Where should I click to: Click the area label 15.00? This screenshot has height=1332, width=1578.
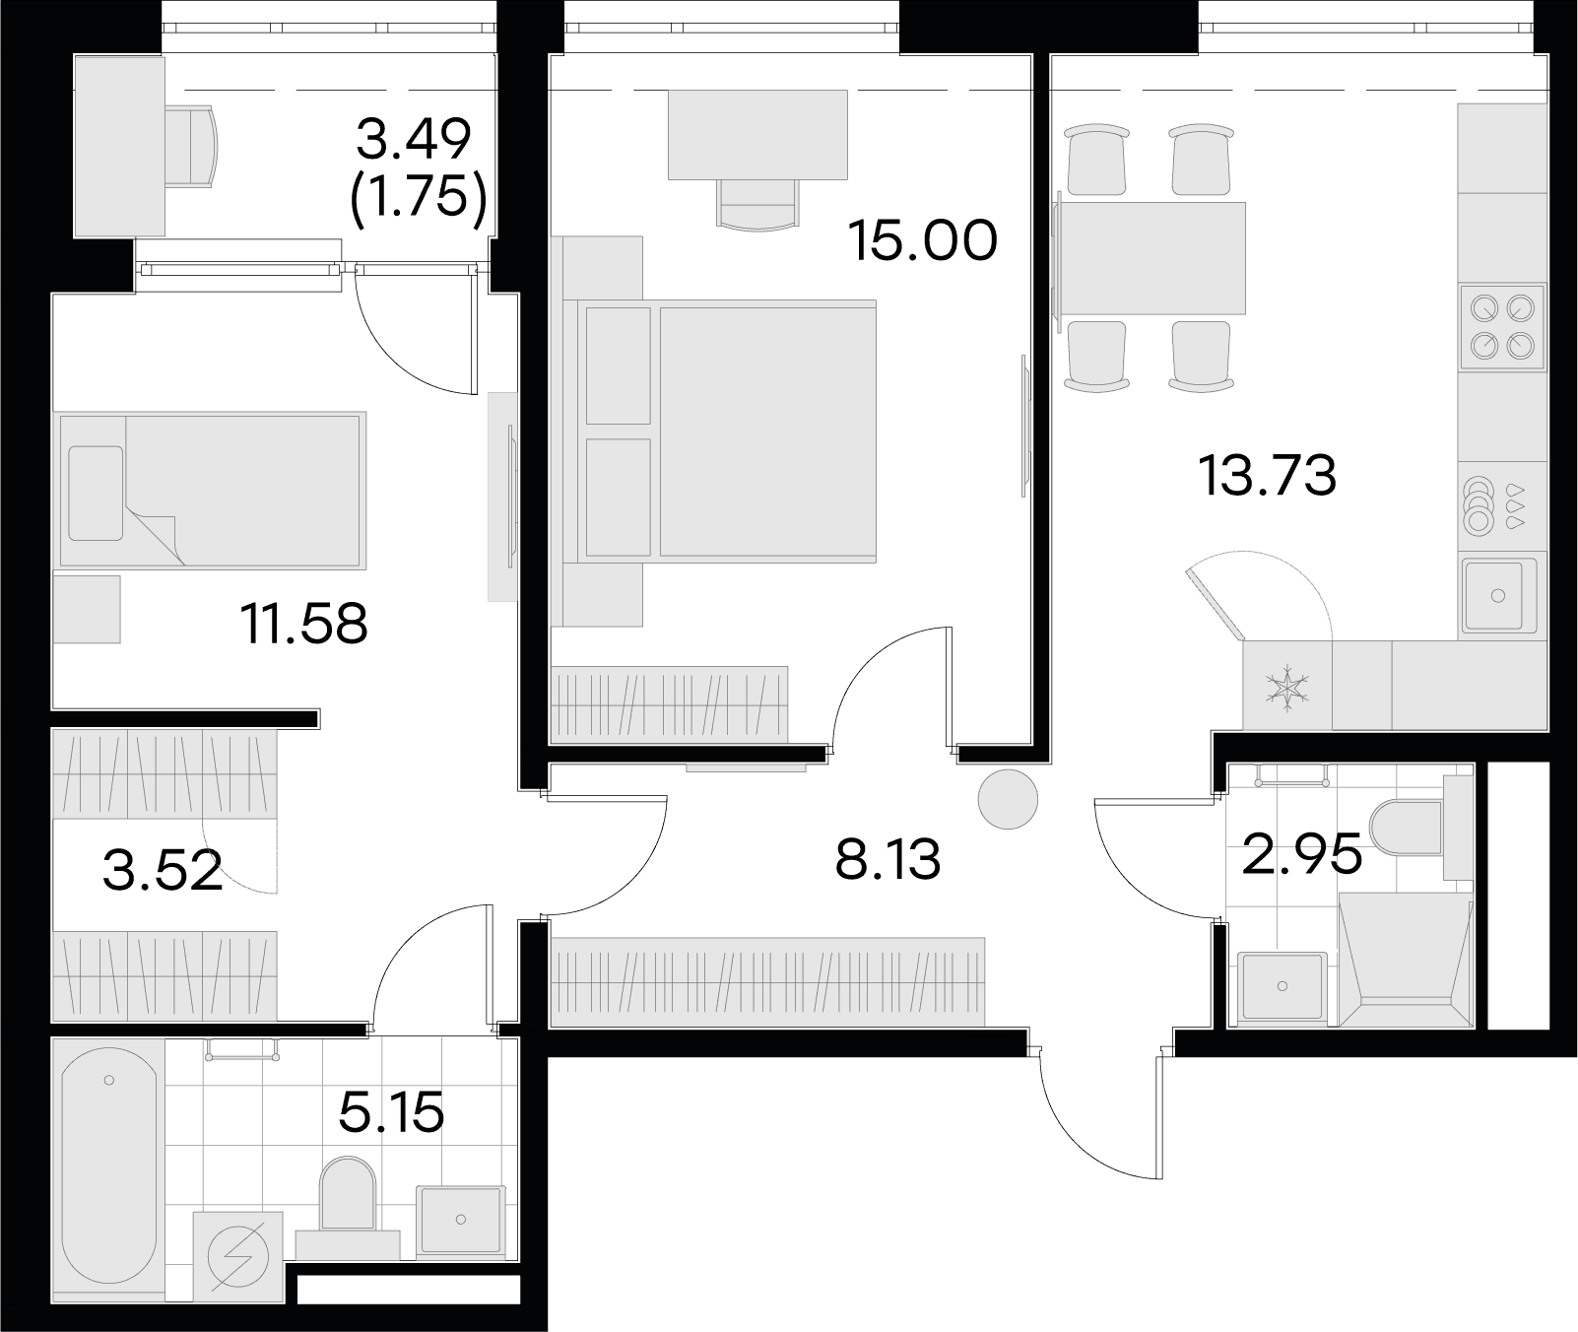923,240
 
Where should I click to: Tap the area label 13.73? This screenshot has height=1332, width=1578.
1268,476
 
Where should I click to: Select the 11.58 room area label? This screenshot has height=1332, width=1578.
304,624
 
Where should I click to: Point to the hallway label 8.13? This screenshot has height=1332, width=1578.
888,860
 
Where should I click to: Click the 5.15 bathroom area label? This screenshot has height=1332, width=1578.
391,1113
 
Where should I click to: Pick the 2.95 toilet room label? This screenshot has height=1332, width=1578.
1302,853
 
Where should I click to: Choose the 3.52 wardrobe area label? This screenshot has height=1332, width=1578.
163,872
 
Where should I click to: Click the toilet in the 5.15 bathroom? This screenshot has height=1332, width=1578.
349,1204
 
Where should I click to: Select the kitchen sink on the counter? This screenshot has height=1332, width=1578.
1498,594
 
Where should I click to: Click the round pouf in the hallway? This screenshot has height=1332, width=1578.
1008,799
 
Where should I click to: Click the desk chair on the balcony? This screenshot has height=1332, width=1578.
193,147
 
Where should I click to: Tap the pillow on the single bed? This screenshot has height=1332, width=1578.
96,493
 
